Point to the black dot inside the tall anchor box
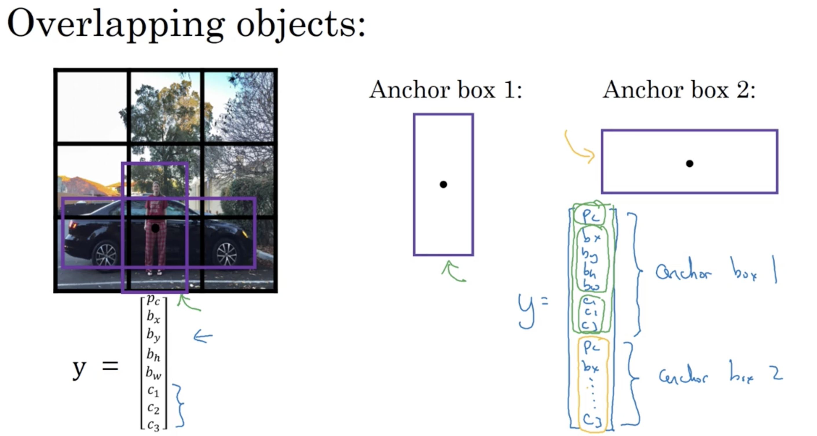[443, 184]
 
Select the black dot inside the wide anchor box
[689, 163]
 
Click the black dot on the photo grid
[155, 228]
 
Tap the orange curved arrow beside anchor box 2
[577, 149]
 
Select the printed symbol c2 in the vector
[153, 408]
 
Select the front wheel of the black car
[226, 254]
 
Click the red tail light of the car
[73, 226]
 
